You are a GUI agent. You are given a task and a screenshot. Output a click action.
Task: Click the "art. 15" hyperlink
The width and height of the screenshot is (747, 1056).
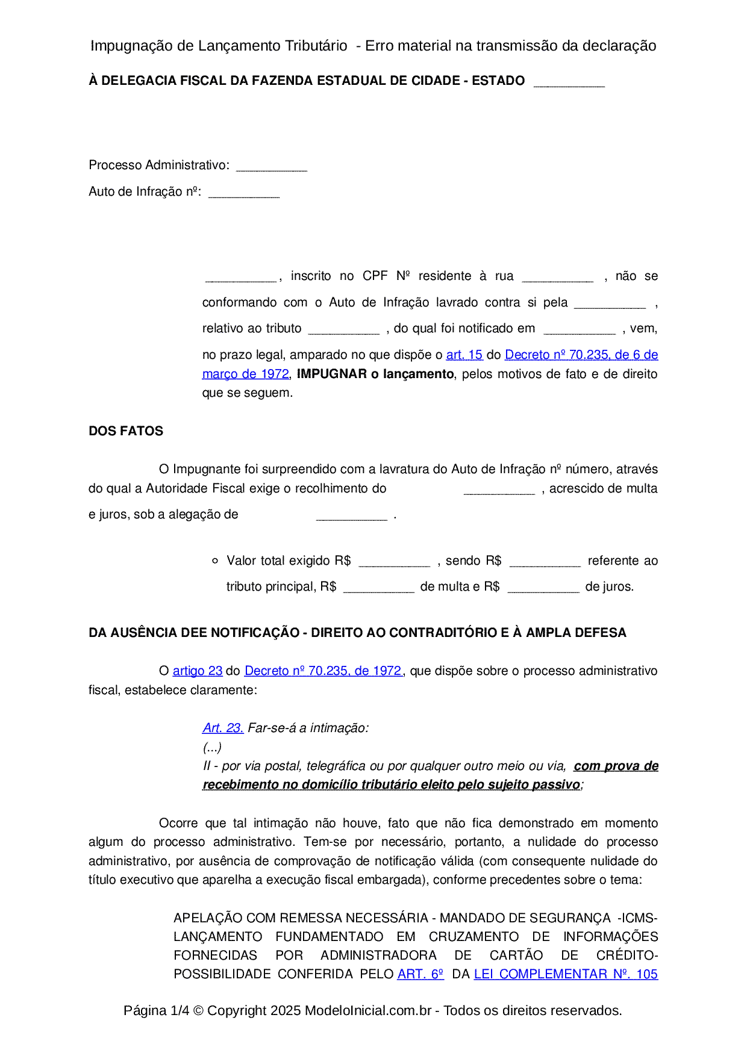coord(464,355)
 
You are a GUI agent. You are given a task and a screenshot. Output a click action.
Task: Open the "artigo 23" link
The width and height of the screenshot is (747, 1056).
coord(198,671)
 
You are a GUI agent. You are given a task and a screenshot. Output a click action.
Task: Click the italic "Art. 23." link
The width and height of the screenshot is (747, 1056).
coord(223,728)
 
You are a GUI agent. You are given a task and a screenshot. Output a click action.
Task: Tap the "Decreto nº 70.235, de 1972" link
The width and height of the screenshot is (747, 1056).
coord(323,671)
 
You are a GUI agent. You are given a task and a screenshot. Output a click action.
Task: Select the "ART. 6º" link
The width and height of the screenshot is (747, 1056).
coord(420,975)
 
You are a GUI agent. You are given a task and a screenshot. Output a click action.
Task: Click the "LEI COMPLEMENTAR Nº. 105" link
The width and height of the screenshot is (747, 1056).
coord(566,975)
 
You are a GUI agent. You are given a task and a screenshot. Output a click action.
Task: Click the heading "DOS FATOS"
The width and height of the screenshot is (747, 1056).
coord(126,432)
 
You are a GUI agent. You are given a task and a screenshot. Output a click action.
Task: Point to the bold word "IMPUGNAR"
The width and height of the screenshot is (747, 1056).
coord(332,374)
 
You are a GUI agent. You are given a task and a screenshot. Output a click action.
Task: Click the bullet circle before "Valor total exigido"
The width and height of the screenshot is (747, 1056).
coord(215,561)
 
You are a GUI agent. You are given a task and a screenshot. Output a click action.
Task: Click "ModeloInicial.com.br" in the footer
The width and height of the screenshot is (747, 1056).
coord(368,1011)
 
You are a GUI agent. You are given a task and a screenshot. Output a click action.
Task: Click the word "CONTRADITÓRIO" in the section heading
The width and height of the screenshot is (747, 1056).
coord(442,633)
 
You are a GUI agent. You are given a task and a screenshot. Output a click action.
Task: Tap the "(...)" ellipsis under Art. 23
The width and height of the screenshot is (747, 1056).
coord(212,748)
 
